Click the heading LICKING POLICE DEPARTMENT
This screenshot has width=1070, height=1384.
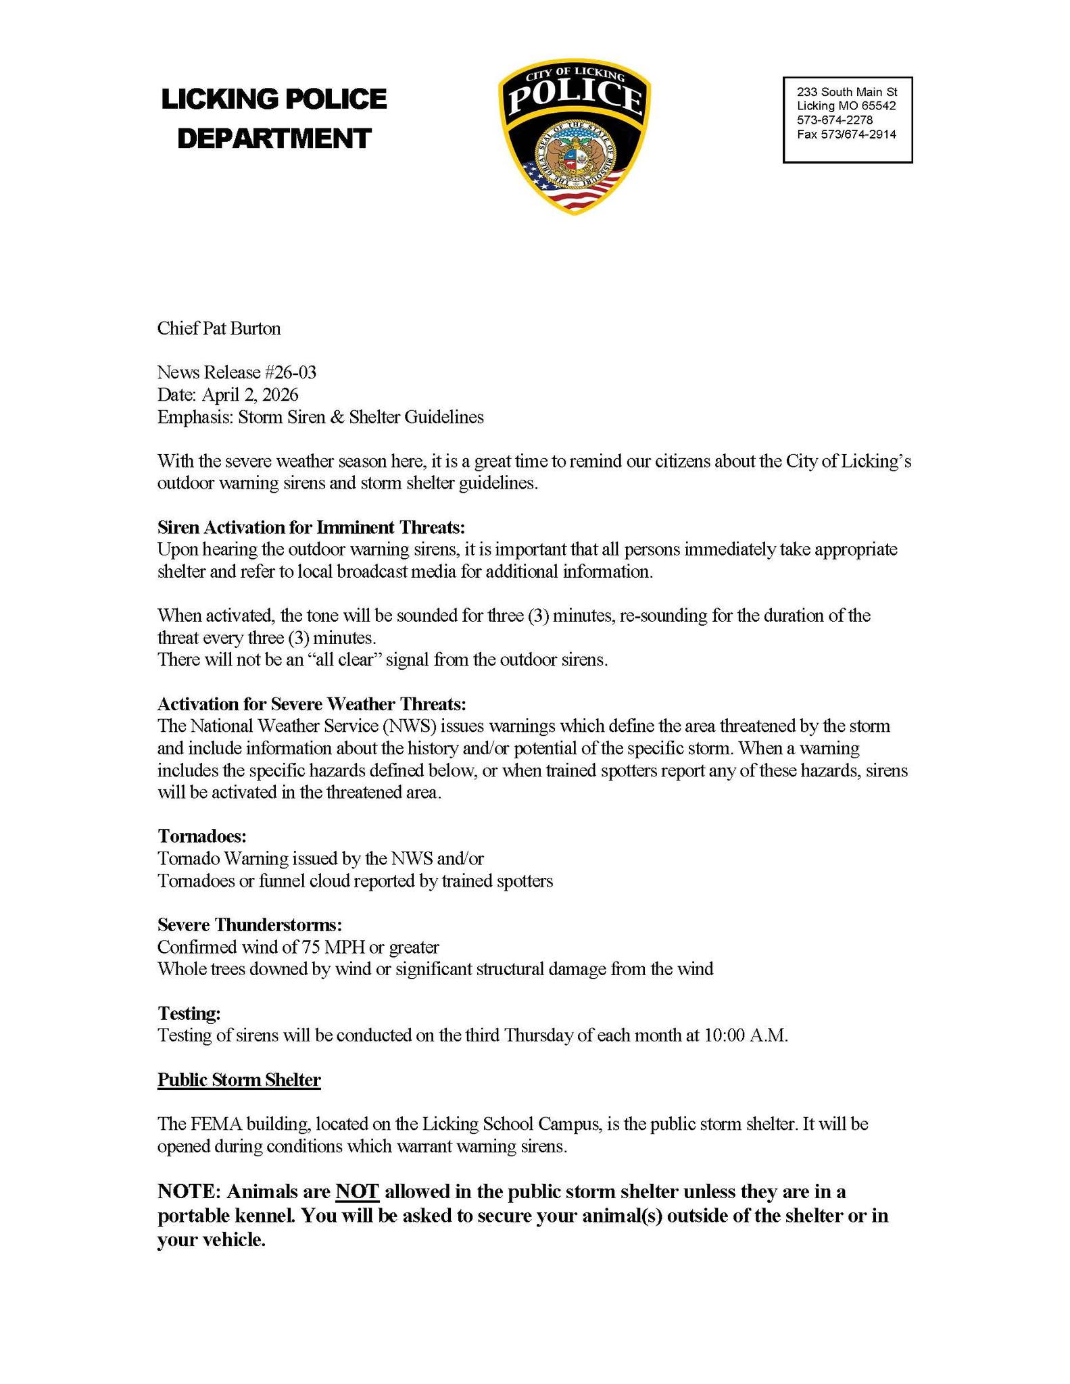[x=274, y=119]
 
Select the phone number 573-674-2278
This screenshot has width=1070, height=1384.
[x=835, y=120]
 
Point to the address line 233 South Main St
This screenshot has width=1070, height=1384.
[x=847, y=92]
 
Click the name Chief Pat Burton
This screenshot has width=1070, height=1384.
[x=219, y=329]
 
